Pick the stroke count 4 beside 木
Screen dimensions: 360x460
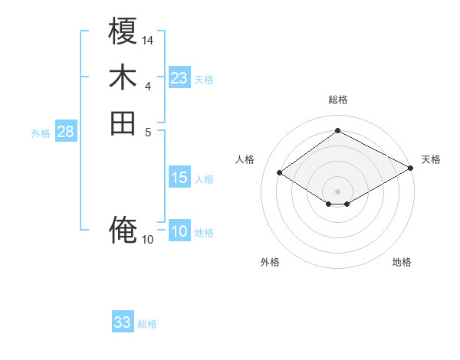[x=148, y=86]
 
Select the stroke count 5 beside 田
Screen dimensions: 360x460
[x=148, y=131]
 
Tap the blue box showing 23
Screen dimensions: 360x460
[x=179, y=78]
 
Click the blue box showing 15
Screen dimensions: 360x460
[x=179, y=178]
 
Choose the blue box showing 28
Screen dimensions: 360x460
[x=66, y=132]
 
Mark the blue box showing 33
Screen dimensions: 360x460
[x=123, y=322]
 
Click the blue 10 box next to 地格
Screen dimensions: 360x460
[x=179, y=232]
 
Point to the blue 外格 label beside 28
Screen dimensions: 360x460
[x=41, y=133]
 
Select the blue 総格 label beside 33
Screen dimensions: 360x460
[x=147, y=324]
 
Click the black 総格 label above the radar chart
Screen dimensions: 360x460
[x=337, y=100]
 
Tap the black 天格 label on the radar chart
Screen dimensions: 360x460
[x=431, y=159]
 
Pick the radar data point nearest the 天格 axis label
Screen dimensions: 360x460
[x=411, y=168]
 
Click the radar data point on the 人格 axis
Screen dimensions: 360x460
[x=280, y=173]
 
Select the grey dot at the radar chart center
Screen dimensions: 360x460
[x=337, y=190]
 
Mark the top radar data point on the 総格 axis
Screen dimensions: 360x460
[x=337, y=131]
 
